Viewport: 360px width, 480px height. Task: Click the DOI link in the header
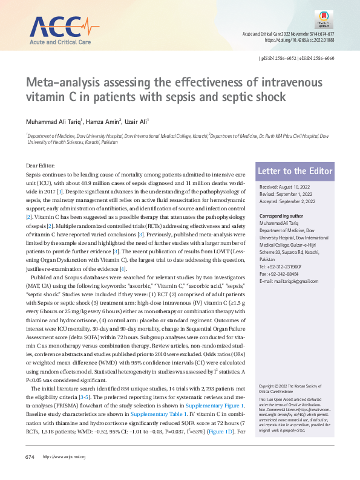299,39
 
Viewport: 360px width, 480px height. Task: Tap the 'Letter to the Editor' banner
295,172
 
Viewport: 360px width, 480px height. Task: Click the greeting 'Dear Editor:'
41,165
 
